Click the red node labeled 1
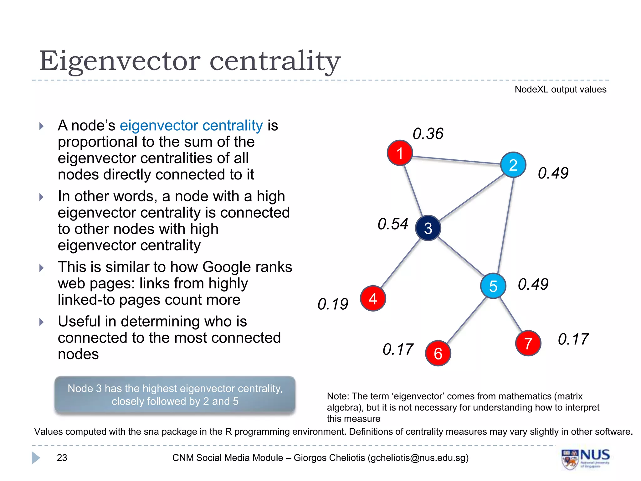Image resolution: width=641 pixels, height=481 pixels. [400, 153]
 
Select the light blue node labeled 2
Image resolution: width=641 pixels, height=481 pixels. [513, 165]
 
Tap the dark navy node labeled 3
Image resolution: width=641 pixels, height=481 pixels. [428, 228]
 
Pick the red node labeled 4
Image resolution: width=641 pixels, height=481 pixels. [373, 298]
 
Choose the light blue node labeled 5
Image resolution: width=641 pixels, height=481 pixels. [493, 286]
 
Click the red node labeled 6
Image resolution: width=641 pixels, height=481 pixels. [438, 353]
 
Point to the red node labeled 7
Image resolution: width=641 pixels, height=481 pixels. [528, 343]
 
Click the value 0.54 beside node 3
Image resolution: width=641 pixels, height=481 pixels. [393, 224]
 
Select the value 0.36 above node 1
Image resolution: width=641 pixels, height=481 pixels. [428, 134]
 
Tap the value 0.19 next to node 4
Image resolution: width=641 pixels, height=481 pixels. [333, 304]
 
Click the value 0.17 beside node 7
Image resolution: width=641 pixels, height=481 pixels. [573, 339]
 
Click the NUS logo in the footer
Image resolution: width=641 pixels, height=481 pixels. [585, 459]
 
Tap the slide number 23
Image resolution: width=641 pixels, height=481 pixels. [62, 458]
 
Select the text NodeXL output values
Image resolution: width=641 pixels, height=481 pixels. [560, 90]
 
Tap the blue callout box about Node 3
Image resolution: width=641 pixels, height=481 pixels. [175, 395]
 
